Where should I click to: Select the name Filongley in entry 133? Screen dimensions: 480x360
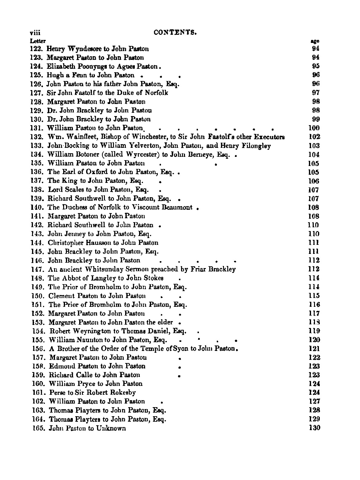256,146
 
